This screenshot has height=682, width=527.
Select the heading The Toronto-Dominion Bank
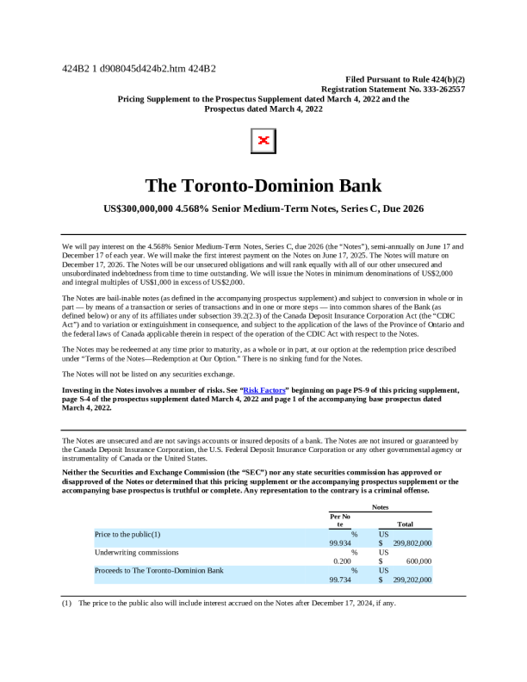click(263, 185)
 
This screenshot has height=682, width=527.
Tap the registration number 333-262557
click(437, 89)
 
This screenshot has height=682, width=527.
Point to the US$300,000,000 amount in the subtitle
click(137, 208)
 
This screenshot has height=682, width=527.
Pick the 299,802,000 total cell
click(412, 543)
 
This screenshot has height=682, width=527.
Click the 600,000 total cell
click(418, 561)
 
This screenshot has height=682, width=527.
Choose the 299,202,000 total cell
click(412, 580)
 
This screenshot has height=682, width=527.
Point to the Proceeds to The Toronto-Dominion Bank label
click(159, 570)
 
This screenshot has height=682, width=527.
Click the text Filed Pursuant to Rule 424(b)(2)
click(404, 78)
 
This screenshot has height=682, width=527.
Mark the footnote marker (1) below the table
click(66, 603)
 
